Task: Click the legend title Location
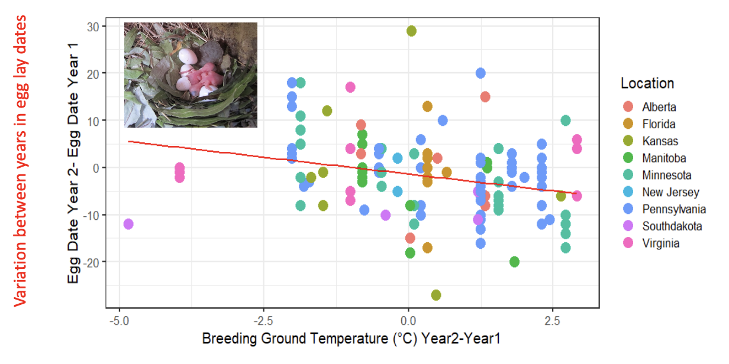pyautogui.click(x=647, y=83)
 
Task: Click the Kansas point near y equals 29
pyautogui.click(x=411, y=31)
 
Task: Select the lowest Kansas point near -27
pyautogui.click(x=436, y=295)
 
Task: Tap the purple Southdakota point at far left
pyautogui.click(x=128, y=224)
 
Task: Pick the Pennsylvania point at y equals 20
pyautogui.click(x=480, y=73)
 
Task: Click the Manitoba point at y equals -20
pyautogui.click(x=514, y=262)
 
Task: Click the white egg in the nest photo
pyautogui.click(x=189, y=57)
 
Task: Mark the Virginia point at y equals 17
pyautogui.click(x=350, y=87)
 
